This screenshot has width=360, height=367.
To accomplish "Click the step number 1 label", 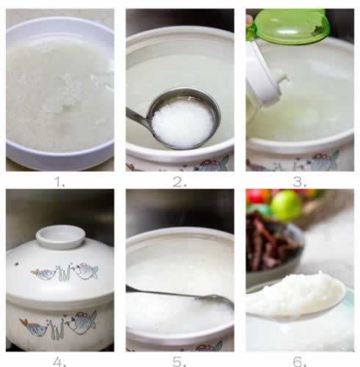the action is point(59,182).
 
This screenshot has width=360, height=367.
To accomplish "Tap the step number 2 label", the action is point(179,182).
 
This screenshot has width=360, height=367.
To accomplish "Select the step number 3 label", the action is point(299,182).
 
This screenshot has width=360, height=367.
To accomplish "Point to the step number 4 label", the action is point(60,361).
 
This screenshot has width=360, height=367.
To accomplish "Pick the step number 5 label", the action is point(179,361).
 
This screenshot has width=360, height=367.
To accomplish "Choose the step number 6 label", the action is point(300,361).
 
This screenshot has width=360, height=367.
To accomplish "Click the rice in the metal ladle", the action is point(182,123).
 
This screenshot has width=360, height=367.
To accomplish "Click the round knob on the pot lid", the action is point(60,237).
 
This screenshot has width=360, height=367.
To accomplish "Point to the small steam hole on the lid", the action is point(17,264).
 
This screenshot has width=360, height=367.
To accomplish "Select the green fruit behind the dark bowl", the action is point(286,205).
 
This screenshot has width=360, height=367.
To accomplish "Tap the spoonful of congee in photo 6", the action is point(294,294).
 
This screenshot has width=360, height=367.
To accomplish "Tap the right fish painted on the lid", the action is point(87,271).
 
